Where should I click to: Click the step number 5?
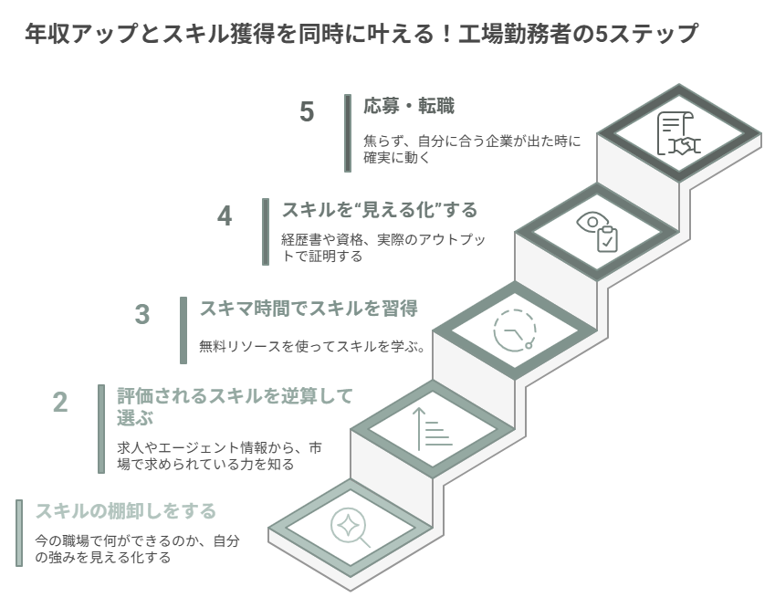click(x=307, y=111)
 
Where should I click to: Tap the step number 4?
click(x=225, y=216)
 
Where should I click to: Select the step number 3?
click(x=141, y=314)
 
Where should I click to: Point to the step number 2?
click(x=60, y=403)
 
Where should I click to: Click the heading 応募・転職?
click(x=409, y=106)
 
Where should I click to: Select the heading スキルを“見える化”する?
click(x=379, y=210)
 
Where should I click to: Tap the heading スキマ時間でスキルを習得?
click(x=309, y=309)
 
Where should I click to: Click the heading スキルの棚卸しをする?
click(x=126, y=510)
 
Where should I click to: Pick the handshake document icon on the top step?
click(x=678, y=133)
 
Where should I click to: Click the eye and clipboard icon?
click(x=597, y=232)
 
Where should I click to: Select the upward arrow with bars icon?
click(x=434, y=429)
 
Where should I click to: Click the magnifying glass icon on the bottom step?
click(x=350, y=528)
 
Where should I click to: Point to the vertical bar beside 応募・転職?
click(x=348, y=133)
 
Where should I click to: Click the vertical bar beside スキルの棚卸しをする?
click(x=19, y=533)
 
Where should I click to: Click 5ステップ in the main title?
click(x=646, y=34)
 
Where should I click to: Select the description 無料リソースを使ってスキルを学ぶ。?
click(x=313, y=346)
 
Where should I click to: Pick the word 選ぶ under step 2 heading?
click(x=135, y=418)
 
